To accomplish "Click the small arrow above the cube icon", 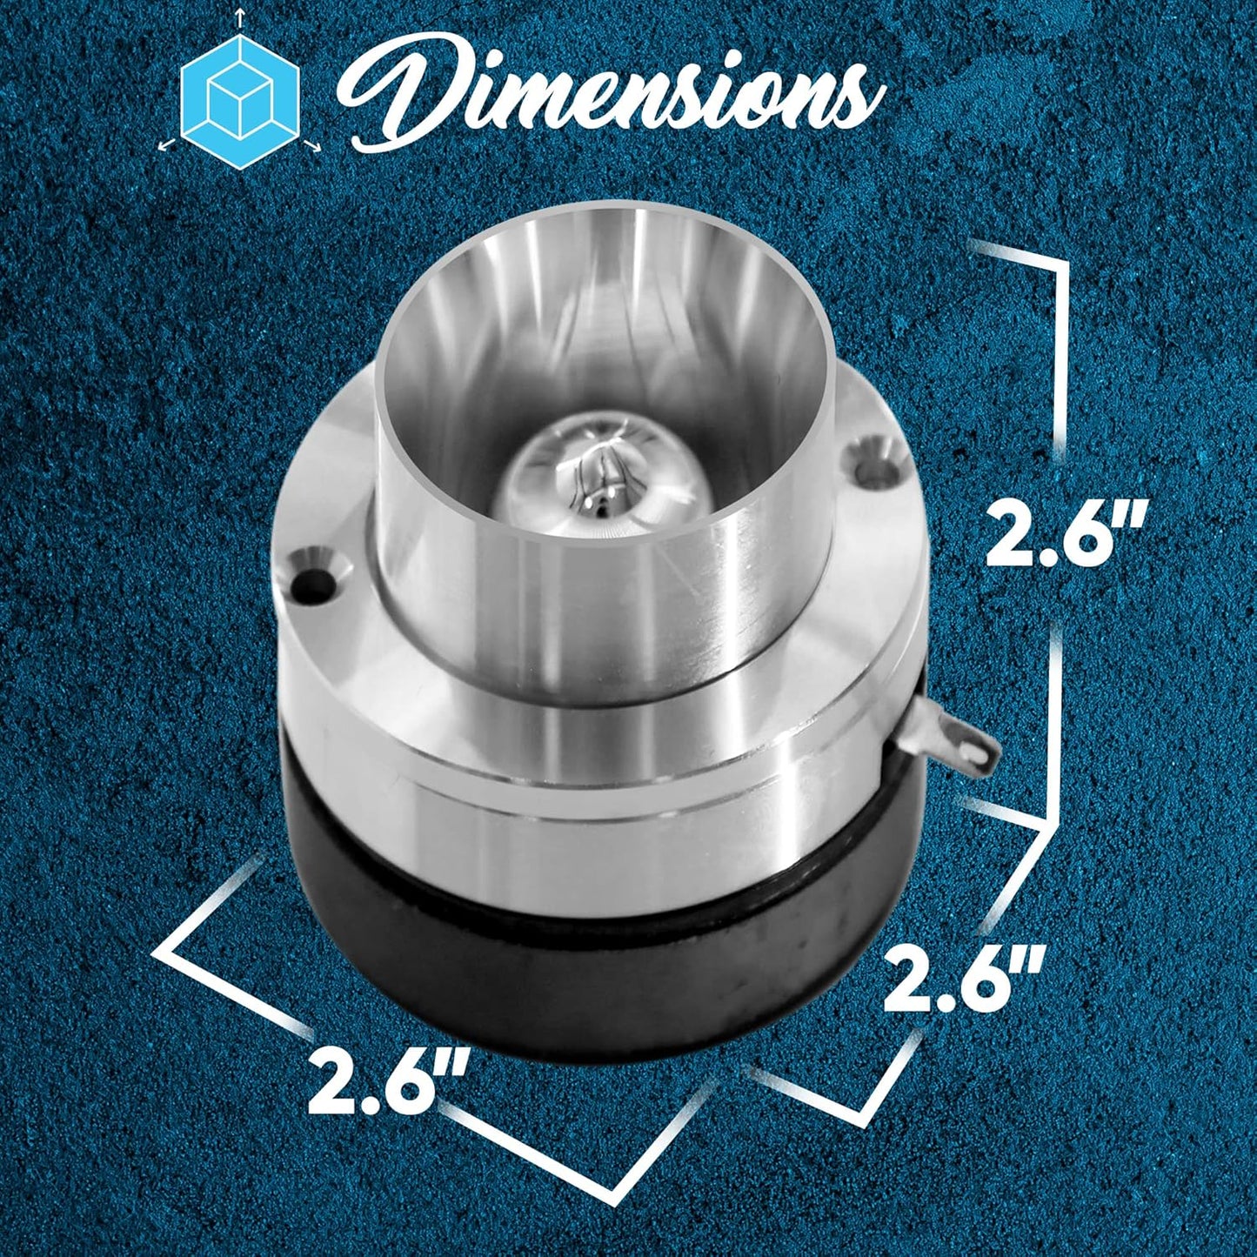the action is [x=240, y=18].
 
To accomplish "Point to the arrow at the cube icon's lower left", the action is [x=168, y=144].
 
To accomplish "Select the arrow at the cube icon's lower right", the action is [x=312, y=144].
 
